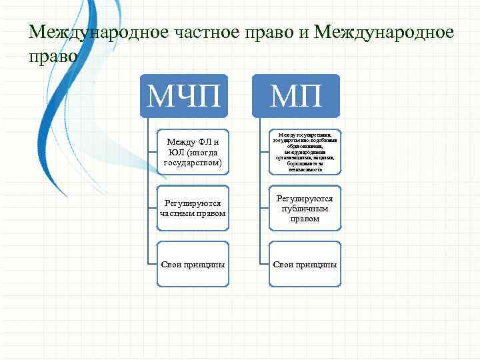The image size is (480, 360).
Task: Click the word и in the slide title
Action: [x=306, y=31]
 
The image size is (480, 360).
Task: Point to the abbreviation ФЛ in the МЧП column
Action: [x=203, y=142]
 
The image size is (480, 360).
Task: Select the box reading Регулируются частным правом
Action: [x=193, y=208]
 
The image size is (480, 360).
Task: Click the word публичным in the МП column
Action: [x=303, y=209]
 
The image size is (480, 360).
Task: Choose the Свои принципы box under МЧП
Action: [x=193, y=264]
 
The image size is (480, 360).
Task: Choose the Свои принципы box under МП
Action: [x=303, y=264]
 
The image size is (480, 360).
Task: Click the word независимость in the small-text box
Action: [x=303, y=170]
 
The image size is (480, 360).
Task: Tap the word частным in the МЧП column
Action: [x=179, y=213]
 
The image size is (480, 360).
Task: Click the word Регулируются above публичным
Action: [x=303, y=199]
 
